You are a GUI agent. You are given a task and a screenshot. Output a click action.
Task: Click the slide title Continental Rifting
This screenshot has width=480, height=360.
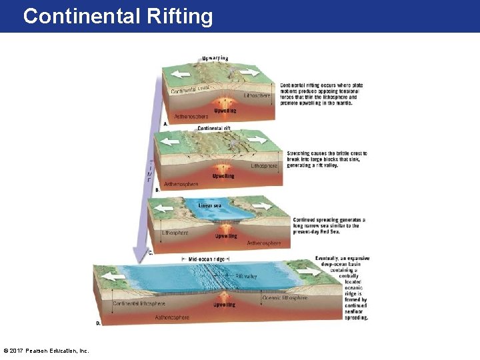coord(118,16)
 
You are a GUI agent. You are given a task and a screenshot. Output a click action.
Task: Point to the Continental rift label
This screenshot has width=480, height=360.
coord(215,128)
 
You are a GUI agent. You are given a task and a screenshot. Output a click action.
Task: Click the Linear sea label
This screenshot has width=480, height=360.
coord(210,205)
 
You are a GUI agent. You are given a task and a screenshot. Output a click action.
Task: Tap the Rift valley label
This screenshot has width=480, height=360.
coord(246,276)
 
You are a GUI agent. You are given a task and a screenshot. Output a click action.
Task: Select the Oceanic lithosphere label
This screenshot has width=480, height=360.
coord(285,298)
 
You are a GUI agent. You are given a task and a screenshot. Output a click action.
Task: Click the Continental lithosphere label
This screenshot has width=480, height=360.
coord(139,304)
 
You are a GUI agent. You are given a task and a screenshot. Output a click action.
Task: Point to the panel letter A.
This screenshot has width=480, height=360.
coord(165,124)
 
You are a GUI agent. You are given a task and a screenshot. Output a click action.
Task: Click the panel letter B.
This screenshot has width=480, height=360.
coord(157,190)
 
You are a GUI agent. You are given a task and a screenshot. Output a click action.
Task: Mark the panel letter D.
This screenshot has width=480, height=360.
coord(98,323)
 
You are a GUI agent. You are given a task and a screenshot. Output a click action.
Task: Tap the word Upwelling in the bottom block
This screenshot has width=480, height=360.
coord(224,305)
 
